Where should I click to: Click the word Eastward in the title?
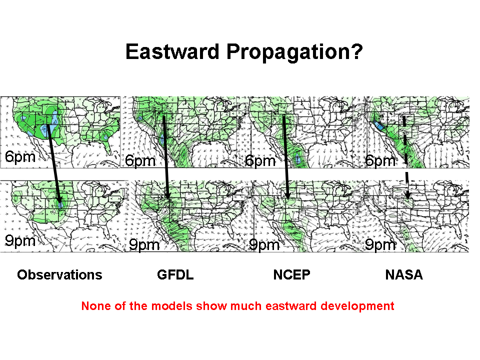pyautogui.click(x=172, y=51)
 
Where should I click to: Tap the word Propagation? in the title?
pyautogui.click(x=294, y=52)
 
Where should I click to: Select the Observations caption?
pyautogui.click(x=59, y=274)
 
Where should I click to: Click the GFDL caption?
pyautogui.click(x=175, y=274)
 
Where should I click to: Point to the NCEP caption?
pyautogui.click(x=291, y=274)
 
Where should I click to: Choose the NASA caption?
pyautogui.click(x=404, y=274)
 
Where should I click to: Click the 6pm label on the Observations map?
pyautogui.click(x=20, y=157)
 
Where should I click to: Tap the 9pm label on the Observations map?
pyautogui.click(x=20, y=241)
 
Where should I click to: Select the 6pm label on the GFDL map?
pyautogui.click(x=140, y=161)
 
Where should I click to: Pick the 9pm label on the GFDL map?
pyautogui.click(x=144, y=244)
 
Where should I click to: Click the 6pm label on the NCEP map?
pyautogui.click(x=260, y=161)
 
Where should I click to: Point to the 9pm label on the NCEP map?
pyautogui.click(x=264, y=244)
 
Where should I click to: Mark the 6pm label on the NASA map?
pyautogui.click(x=380, y=161)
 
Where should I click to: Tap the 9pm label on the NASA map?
pyautogui.click(x=380, y=244)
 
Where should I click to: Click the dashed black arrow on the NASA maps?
pyautogui.click(x=406, y=157)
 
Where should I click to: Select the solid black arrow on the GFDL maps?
pyautogui.click(x=165, y=157)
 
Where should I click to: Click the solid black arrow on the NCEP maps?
pyautogui.click(x=285, y=157)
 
